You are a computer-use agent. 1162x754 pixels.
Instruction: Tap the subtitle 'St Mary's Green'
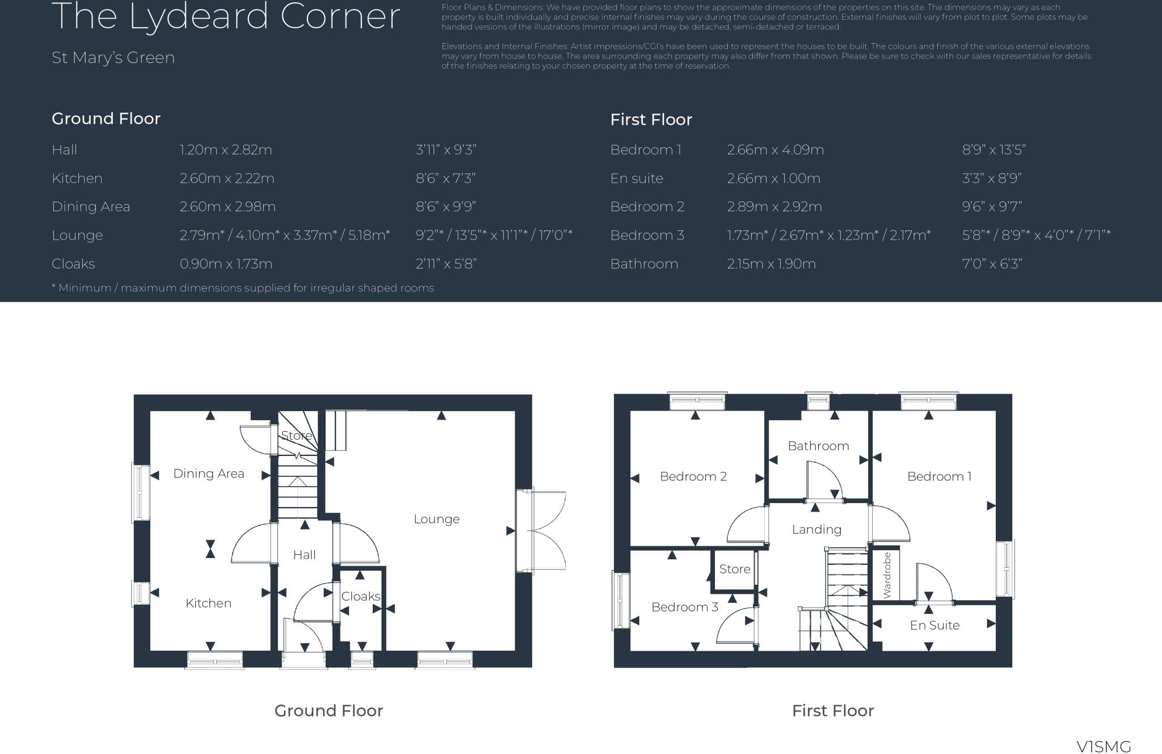pyautogui.click(x=113, y=57)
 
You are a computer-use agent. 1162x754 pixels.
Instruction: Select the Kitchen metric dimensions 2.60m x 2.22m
pyautogui.click(x=227, y=178)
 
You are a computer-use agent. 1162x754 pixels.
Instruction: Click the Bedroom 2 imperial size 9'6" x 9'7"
pyautogui.click(x=992, y=207)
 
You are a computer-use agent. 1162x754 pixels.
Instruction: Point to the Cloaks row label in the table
pyautogui.click(x=73, y=264)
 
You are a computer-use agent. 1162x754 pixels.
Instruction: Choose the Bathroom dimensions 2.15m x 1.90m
pyautogui.click(x=771, y=264)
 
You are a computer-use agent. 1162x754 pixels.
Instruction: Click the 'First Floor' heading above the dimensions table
pyautogui.click(x=651, y=120)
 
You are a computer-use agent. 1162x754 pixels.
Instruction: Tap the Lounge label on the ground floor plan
pyautogui.click(x=436, y=519)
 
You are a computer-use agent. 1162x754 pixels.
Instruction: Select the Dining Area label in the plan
pyautogui.click(x=208, y=474)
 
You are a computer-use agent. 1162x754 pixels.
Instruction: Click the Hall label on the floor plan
pyautogui.click(x=304, y=555)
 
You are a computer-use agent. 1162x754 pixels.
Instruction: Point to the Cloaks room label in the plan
pyautogui.click(x=360, y=596)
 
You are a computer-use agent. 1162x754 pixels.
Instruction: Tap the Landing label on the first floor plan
pyautogui.click(x=816, y=530)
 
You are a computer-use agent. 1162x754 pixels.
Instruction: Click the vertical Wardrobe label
pyautogui.click(x=887, y=575)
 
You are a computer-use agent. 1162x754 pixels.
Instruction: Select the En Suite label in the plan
pyautogui.click(x=934, y=625)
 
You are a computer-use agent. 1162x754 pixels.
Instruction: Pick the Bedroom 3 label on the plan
pyautogui.click(x=684, y=607)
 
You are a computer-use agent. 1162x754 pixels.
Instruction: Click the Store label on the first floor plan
pyautogui.click(x=735, y=569)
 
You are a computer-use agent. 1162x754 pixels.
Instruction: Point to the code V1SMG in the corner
pyautogui.click(x=1104, y=746)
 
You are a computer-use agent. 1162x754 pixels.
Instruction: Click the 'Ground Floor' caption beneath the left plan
pyautogui.click(x=329, y=711)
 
